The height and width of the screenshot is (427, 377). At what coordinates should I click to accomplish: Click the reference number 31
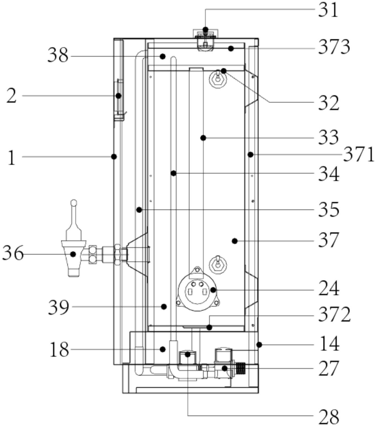pyautogui.click(x=328, y=10)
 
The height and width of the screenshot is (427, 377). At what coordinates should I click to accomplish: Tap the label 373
pyautogui.click(x=334, y=47)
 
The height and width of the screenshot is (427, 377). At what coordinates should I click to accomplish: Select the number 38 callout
pyautogui.click(x=58, y=56)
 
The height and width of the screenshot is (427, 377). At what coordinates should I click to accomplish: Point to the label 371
pyautogui.click(x=358, y=155)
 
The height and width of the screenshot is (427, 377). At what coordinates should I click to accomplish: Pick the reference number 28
pyautogui.click(x=328, y=417)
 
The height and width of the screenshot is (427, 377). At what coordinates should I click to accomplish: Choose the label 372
pyautogui.click(x=334, y=314)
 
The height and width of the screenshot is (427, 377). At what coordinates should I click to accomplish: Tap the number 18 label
pyautogui.click(x=59, y=349)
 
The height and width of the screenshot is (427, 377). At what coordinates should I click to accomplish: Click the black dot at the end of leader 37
pyautogui.click(x=235, y=241)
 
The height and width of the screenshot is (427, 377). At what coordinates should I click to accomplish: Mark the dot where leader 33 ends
pyautogui.click(x=203, y=138)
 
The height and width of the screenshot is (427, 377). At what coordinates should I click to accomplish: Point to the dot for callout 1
pyautogui.click(x=114, y=156)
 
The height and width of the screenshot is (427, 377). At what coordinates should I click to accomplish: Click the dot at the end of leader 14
pyautogui.click(x=259, y=345)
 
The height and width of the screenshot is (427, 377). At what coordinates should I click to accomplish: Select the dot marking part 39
pyautogui.click(x=164, y=307)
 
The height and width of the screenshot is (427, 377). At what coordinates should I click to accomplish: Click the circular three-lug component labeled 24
pyautogui.click(x=197, y=289)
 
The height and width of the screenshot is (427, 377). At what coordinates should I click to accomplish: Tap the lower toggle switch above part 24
pyautogui.click(x=218, y=265)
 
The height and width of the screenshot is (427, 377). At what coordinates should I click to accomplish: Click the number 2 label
pyautogui.click(x=11, y=96)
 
